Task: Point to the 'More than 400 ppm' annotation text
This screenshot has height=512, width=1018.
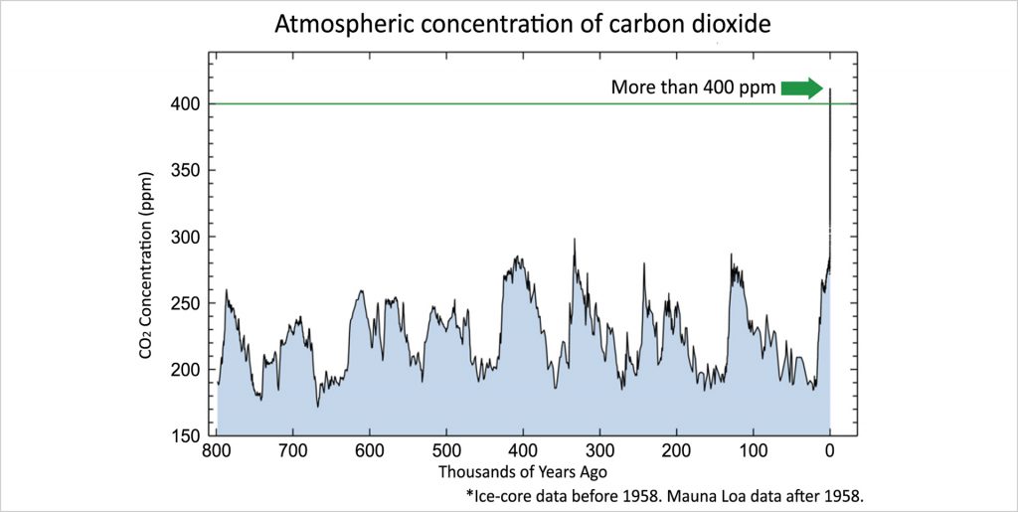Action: (692, 88)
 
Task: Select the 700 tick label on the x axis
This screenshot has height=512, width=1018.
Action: (292, 452)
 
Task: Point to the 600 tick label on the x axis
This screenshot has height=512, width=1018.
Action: (369, 452)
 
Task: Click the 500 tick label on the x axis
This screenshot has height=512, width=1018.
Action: (446, 452)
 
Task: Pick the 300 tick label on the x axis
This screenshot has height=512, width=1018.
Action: (599, 452)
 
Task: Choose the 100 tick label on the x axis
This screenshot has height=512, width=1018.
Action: (754, 452)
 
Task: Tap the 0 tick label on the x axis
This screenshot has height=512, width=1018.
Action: (830, 452)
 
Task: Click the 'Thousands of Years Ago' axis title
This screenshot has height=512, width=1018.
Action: (522, 471)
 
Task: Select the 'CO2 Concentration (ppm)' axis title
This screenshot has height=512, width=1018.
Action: (147, 269)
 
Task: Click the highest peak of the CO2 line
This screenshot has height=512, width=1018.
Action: (830, 90)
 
